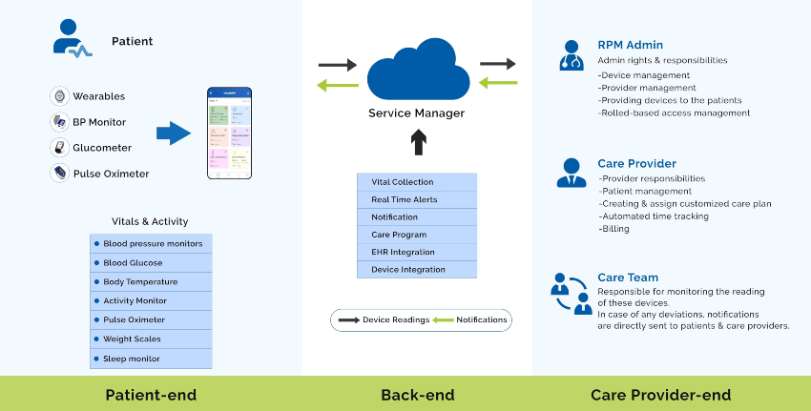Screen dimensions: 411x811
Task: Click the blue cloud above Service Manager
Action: (x=417, y=71)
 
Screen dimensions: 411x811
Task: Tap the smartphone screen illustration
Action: (x=230, y=133)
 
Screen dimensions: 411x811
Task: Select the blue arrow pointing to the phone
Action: (x=173, y=134)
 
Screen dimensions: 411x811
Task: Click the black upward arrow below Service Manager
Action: (x=418, y=143)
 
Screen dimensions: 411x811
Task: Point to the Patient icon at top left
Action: (x=72, y=41)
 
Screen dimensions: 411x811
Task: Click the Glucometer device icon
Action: (x=59, y=148)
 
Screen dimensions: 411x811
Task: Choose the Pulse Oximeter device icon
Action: (x=59, y=173)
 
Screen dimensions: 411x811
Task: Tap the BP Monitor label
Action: (x=99, y=122)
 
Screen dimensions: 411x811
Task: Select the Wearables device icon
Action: (x=59, y=96)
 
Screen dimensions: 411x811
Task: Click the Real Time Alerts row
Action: (x=416, y=199)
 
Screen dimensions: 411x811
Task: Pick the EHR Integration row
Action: (x=416, y=252)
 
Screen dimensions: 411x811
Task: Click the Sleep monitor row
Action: (x=151, y=359)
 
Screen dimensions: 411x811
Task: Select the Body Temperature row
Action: (x=151, y=281)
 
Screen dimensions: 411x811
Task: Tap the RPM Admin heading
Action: (x=630, y=45)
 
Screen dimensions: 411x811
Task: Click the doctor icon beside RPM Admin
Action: (x=572, y=56)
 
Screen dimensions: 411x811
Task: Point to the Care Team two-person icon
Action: (x=572, y=293)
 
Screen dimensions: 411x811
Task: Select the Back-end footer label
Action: (x=417, y=395)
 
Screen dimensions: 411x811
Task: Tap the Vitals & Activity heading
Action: (x=150, y=221)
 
